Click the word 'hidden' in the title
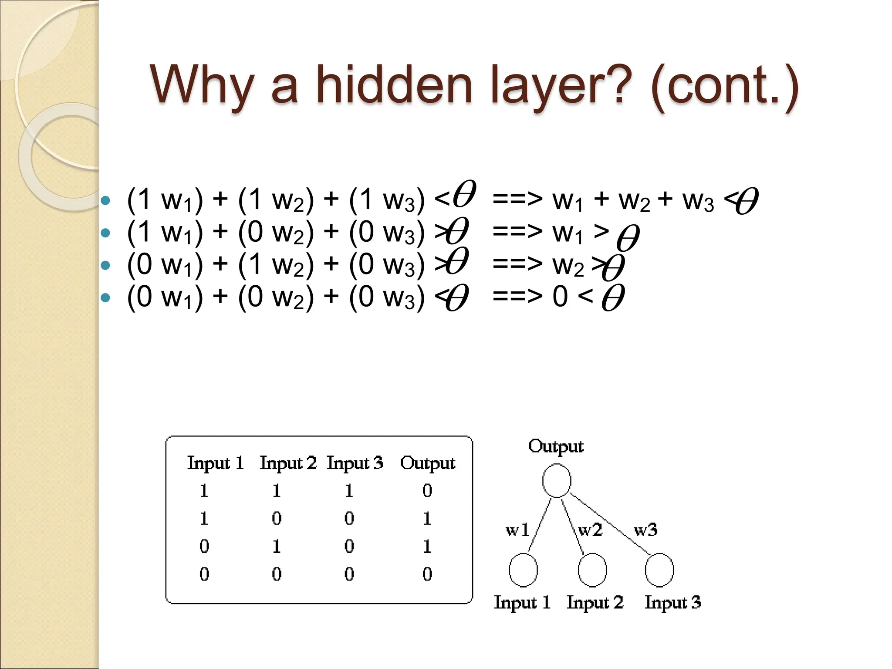pos(394,85)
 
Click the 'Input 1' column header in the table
pos(215,463)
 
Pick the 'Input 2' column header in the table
pos(288,463)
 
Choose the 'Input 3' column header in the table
pos(355,463)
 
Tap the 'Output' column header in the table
pos(428,463)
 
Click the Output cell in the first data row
pos(427,491)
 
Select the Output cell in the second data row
pos(427,518)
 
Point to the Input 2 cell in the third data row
pos(277,546)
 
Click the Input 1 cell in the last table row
pos(204,574)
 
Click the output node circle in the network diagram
pos(557,480)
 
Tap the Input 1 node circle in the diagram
pos(523,570)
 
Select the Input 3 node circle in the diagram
pos(659,570)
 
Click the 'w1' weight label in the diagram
pos(517,530)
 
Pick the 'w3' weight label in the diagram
pos(645,530)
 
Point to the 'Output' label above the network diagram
pos(556,447)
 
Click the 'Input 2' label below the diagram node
pos(595,603)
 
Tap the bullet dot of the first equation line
pos(105,201)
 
